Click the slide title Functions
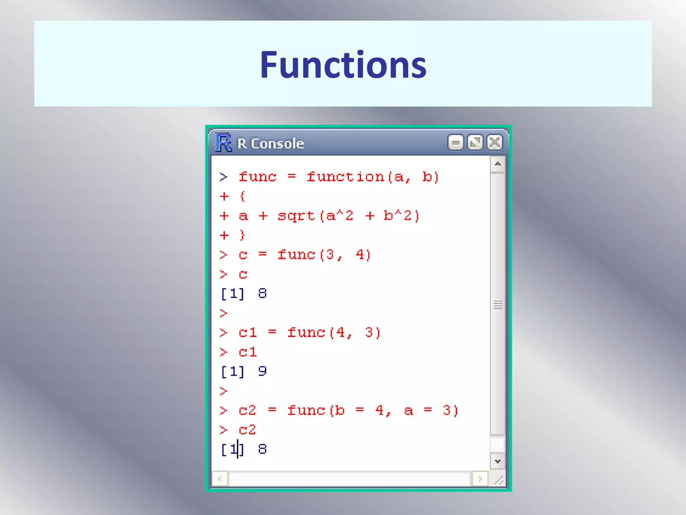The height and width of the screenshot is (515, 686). coord(343,64)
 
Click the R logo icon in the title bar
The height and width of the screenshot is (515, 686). coord(223,143)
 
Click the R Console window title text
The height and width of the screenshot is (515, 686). coord(271,144)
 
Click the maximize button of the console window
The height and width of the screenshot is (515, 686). coord(475,143)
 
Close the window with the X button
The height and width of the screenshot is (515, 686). coord(495,143)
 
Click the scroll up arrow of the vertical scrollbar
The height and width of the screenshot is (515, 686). coord(498,164)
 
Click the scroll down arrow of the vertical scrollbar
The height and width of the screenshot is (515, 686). coord(498,461)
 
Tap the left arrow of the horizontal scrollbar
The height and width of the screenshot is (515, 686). coord(220,479)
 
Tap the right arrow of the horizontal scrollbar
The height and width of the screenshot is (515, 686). coord(480,479)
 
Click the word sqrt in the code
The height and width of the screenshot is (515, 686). coord(296,216)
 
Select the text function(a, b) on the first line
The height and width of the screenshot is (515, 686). coord(372,177)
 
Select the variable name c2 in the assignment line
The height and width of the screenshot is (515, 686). coord(247,410)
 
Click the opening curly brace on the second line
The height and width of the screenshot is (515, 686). coord(243,196)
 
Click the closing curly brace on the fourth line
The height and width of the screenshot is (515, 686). coord(243,235)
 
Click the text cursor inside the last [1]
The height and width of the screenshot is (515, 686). coord(237,449)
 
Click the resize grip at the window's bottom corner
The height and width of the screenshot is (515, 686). coord(499,480)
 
